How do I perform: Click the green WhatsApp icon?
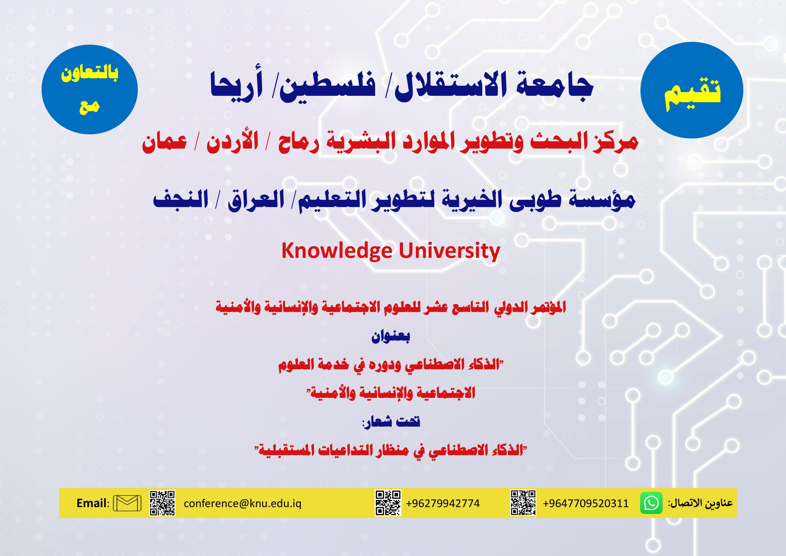click(651, 503)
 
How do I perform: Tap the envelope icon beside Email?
click(127, 503)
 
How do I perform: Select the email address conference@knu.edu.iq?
click(243, 504)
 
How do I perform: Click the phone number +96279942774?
click(443, 504)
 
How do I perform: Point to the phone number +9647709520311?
click(586, 504)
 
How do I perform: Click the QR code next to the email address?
click(162, 503)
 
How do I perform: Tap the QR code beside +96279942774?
click(388, 503)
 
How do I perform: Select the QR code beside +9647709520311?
click(523, 503)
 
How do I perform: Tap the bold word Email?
click(91, 503)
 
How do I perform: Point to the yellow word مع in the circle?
click(89, 107)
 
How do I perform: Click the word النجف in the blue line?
click(180, 200)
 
